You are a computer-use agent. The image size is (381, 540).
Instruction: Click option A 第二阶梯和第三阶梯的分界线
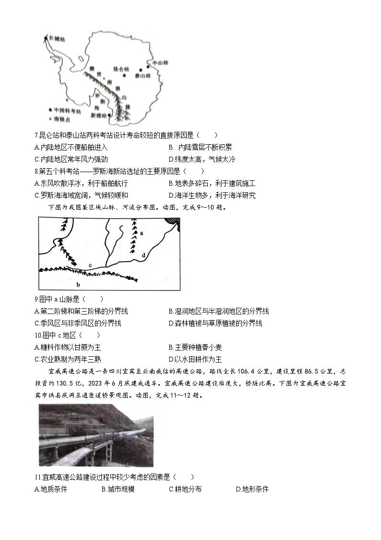(81, 311)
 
